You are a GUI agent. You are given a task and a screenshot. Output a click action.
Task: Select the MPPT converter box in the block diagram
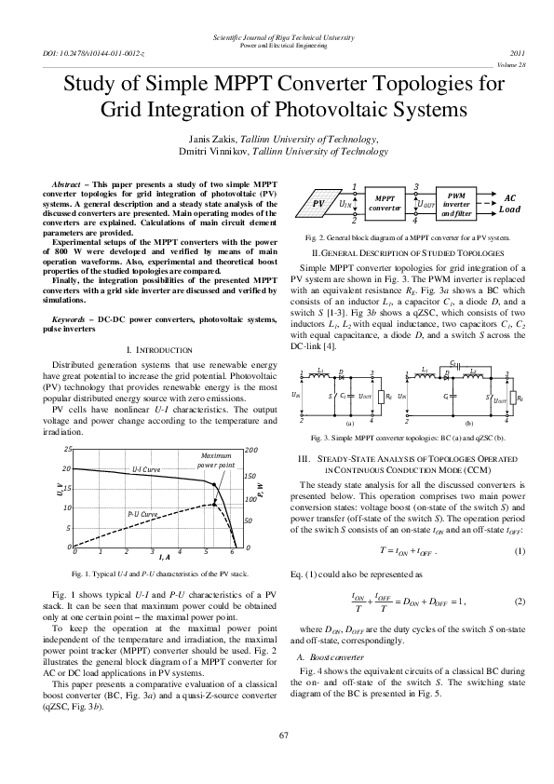coord(384,202)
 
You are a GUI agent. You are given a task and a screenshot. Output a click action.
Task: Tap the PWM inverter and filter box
coord(456,202)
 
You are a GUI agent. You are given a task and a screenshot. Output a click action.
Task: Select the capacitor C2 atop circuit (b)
coord(453,363)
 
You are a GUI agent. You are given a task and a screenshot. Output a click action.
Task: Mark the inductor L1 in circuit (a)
coord(320,372)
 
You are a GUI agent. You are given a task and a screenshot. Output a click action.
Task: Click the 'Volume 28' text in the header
coord(511,65)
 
